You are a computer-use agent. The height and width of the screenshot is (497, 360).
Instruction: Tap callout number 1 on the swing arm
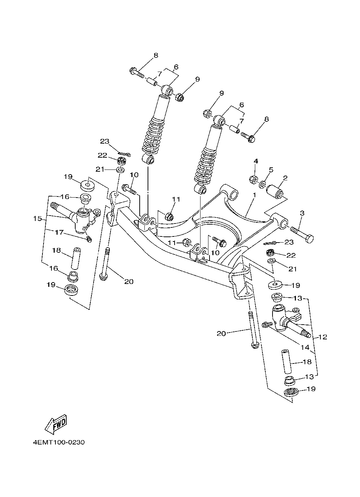(255, 195)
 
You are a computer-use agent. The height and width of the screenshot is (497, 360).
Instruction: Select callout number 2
(285, 178)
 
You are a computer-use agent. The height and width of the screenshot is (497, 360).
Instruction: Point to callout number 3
(302, 213)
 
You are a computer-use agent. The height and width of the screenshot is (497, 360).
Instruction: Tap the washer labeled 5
(263, 184)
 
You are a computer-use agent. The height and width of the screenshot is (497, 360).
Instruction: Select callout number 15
(37, 218)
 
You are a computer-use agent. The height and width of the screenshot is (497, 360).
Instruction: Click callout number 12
(323, 337)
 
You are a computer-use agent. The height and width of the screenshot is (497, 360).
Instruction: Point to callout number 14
(305, 347)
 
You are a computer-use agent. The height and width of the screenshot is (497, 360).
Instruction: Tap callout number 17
(59, 232)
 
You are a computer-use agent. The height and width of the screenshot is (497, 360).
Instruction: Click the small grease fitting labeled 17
(89, 239)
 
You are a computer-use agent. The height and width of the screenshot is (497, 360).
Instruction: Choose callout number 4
(256, 161)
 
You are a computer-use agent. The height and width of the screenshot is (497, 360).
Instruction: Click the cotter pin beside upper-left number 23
(124, 154)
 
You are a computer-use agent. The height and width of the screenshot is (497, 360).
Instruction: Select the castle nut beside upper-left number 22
(122, 161)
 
